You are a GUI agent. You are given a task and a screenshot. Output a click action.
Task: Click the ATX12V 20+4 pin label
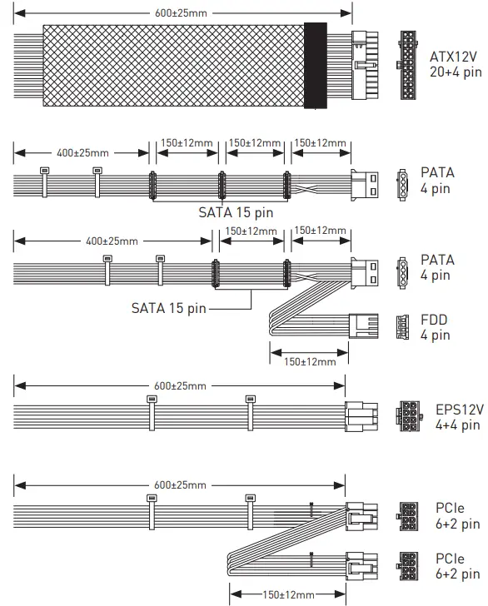[456, 64]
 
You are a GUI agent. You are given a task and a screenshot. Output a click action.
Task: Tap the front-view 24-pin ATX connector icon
[407, 65]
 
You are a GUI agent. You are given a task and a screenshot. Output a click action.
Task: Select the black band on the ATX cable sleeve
[316, 65]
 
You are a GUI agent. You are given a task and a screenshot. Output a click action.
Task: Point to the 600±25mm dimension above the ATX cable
[182, 13]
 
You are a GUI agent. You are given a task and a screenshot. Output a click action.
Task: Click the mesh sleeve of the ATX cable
[173, 65]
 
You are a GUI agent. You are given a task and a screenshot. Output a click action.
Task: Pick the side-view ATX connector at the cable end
[365, 65]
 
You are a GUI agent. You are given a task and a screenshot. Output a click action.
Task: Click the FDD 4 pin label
[435, 327]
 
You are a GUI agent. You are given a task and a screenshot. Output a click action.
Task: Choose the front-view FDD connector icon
[402, 327]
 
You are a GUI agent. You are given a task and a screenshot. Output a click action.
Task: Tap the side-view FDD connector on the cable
[363, 325]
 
